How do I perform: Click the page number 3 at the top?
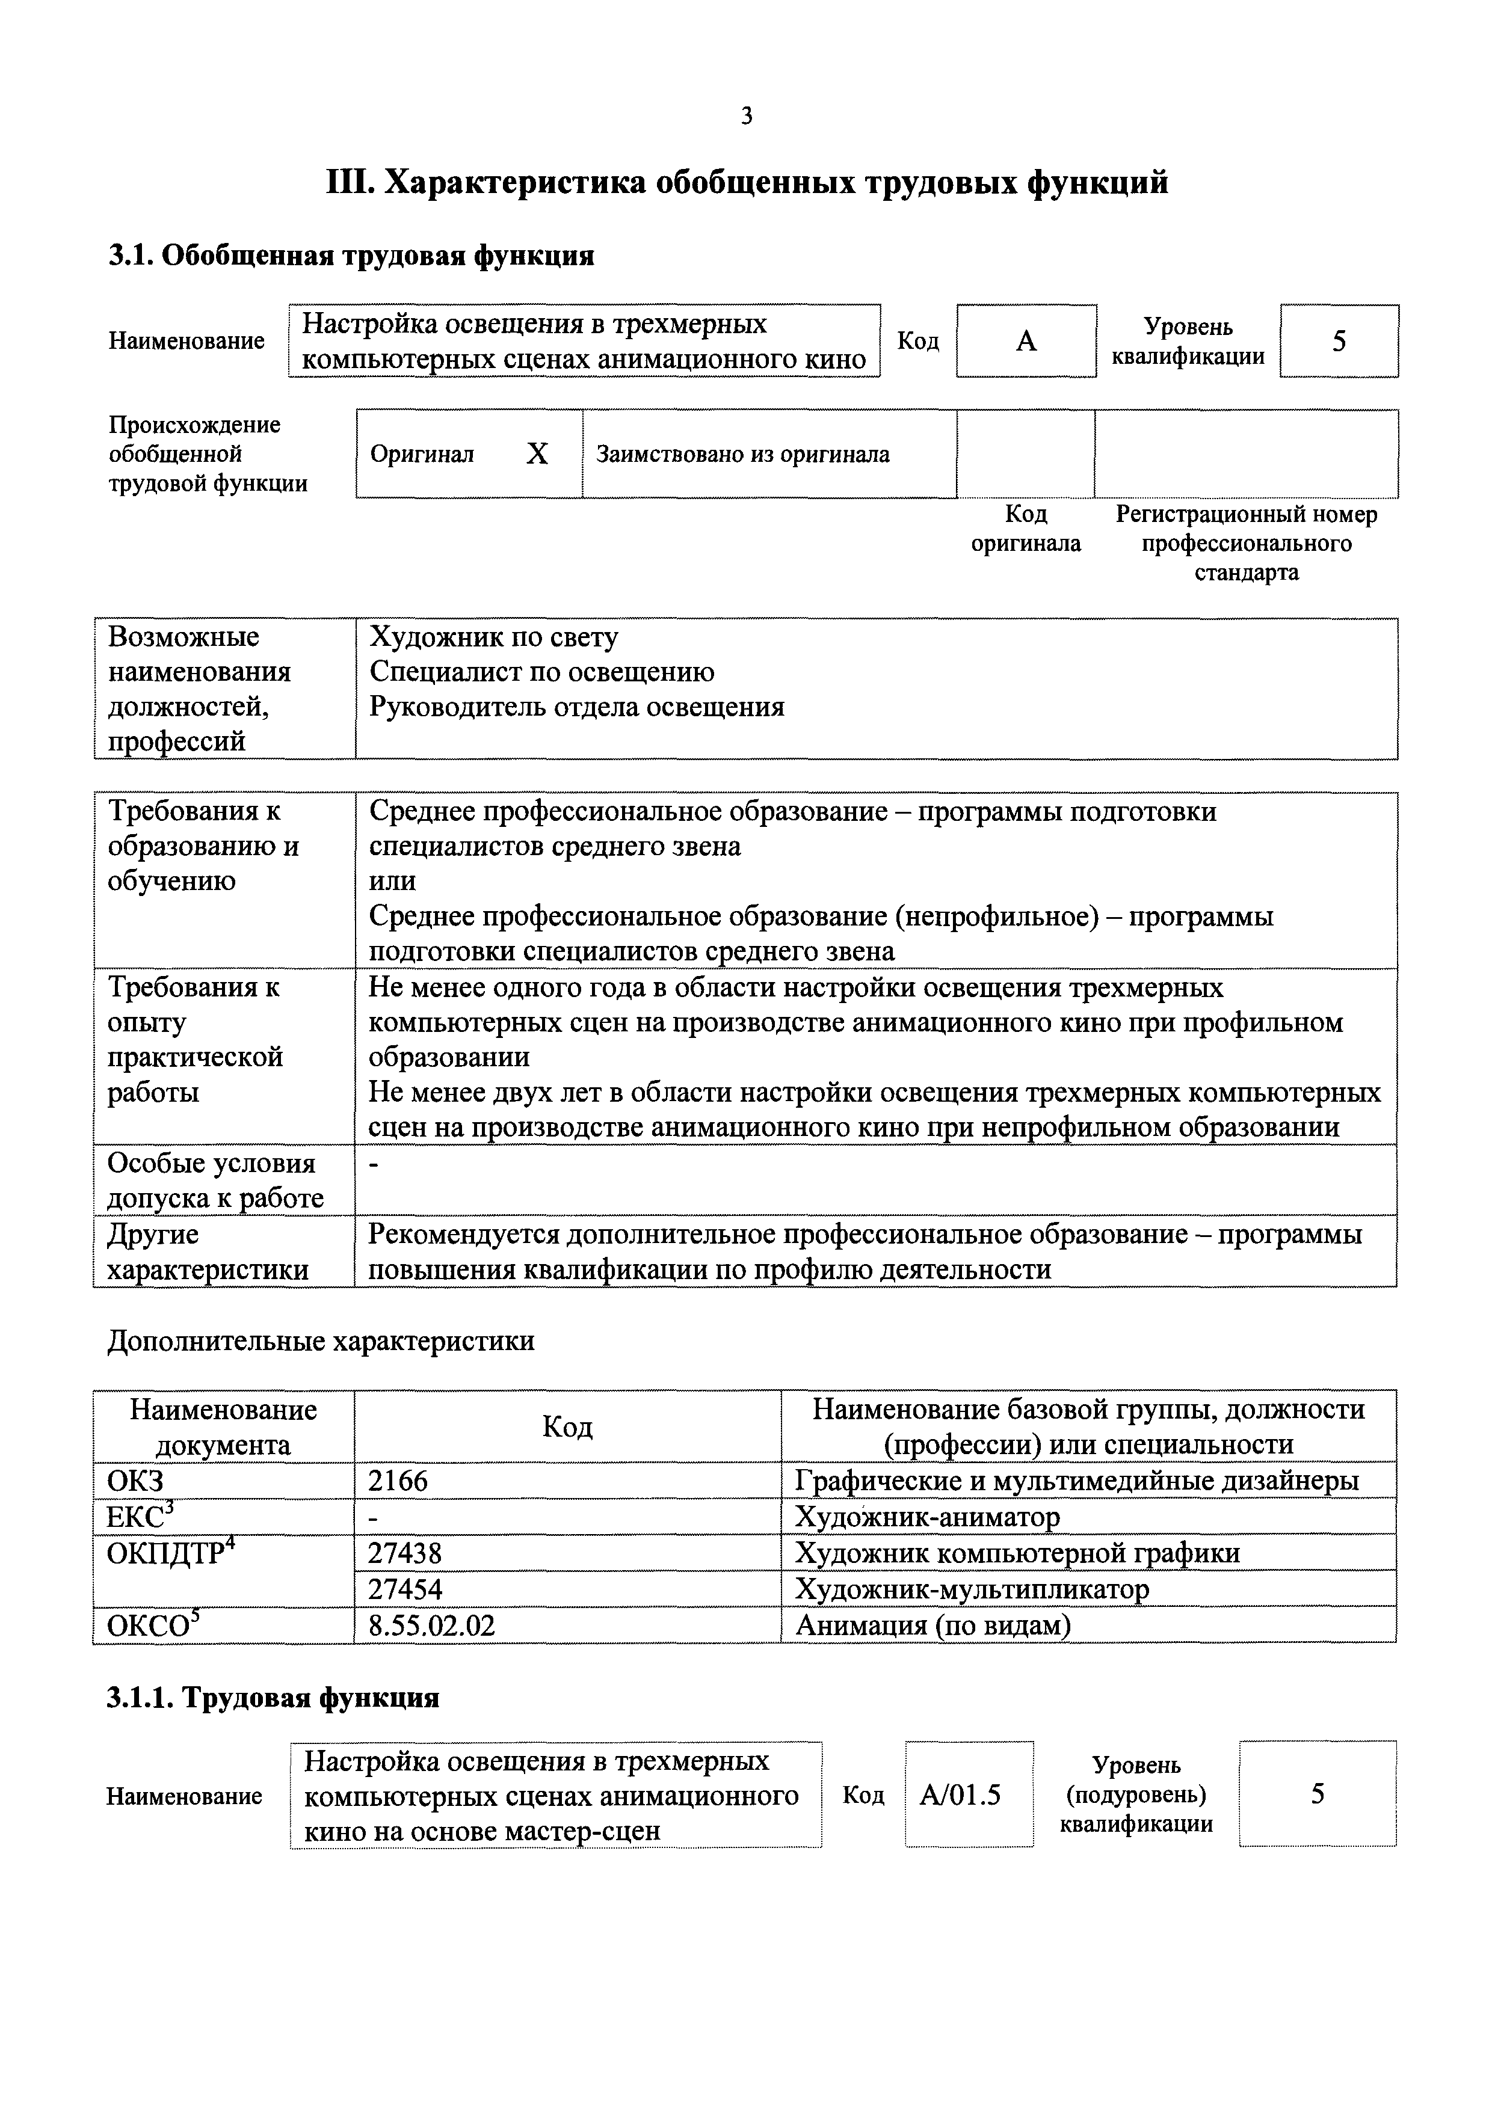746,117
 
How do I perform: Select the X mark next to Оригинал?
537,454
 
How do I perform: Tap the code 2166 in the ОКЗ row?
398,1481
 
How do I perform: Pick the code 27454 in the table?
404,1589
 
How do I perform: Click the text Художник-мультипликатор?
971,1589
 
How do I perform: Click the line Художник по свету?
493,637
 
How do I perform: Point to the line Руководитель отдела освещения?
576,707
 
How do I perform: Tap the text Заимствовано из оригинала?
742,454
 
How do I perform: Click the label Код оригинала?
1025,528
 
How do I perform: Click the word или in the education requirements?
392,881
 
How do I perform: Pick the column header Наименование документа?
223,1426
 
